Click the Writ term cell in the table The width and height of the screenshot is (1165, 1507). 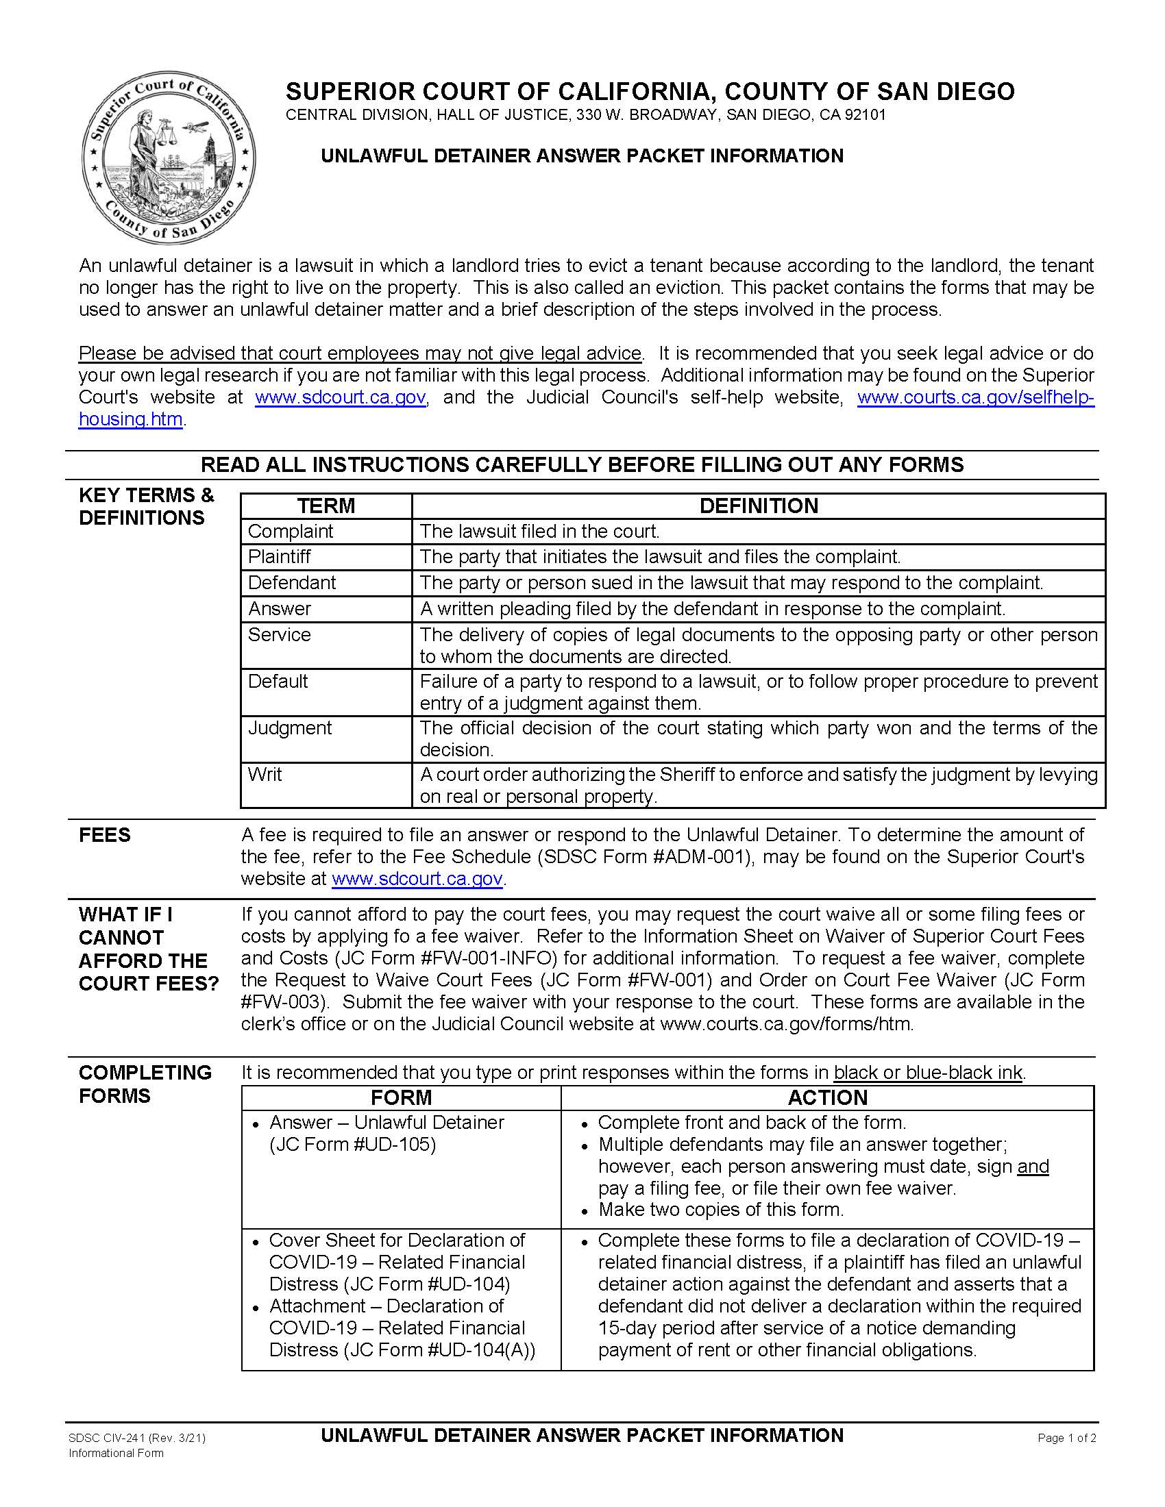[265, 774]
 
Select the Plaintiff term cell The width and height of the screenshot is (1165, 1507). [280, 556]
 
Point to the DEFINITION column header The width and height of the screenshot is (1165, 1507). [758, 506]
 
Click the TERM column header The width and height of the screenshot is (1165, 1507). [326, 506]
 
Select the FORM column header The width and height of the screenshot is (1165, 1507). [401, 1098]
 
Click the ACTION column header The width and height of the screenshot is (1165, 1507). [827, 1098]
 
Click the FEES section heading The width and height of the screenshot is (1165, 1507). [105, 835]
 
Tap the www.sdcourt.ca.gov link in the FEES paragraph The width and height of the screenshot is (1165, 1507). [417, 879]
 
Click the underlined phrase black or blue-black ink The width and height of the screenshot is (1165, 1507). [928, 1073]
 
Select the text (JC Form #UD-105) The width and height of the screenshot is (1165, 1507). [352, 1145]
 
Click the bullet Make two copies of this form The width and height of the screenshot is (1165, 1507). [720, 1210]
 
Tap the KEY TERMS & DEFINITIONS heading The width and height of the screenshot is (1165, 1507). [147, 506]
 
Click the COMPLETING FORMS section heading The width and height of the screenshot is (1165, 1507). [145, 1084]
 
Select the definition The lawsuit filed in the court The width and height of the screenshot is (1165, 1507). [540, 532]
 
